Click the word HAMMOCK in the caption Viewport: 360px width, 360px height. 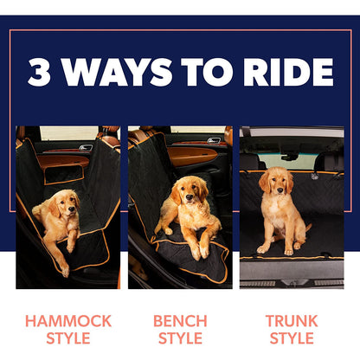[x=68, y=321]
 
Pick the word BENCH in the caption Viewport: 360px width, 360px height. [x=180, y=321]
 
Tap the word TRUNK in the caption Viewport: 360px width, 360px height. [x=291, y=321]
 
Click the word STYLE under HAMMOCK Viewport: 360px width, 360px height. [x=68, y=338]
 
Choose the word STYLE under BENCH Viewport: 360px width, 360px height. [x=180, y=338]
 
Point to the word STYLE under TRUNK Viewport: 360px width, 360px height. [x=291, y=338]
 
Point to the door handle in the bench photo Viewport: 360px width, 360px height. [x=213, y=140]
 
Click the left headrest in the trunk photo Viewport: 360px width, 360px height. [x=250, y=162]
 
